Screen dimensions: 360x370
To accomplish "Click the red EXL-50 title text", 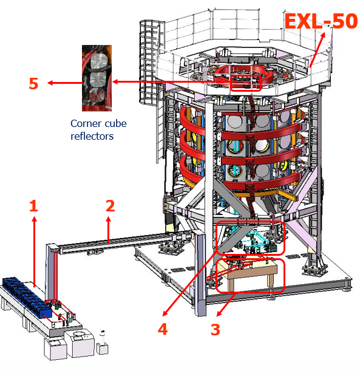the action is (321, 21).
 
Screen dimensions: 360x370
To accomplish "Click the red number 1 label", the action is (34, 206).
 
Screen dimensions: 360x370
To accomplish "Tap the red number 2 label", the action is (110, 206).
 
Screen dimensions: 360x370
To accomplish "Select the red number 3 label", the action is (216, 329).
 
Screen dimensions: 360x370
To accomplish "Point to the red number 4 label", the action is (163, 329).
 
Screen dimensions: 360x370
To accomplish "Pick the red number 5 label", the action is (33, 83).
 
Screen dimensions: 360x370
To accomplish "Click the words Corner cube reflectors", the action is (98, 130).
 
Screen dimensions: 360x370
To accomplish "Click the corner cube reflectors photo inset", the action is (97, 78).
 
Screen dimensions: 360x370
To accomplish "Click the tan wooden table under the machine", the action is (247, 274).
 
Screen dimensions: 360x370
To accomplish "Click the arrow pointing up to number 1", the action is (35, 252).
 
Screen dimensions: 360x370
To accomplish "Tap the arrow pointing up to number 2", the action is (109, 230).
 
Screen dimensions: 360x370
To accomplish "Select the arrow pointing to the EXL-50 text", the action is (317, 50).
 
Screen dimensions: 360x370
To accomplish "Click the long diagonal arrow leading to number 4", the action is (189, 284).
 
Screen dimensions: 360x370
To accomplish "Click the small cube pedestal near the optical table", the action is (103, 349).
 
